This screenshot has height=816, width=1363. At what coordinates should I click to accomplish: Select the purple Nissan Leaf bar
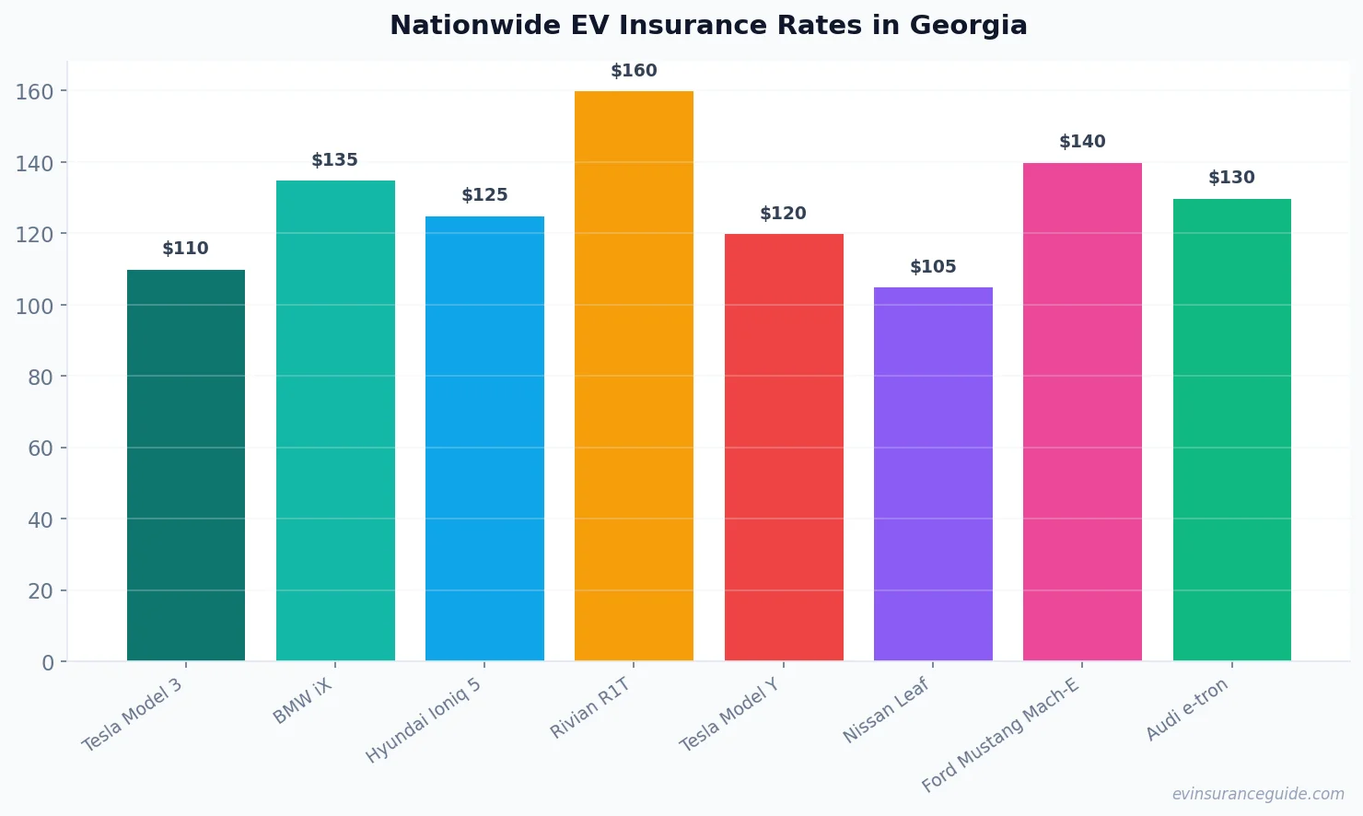click(x=933, y=473)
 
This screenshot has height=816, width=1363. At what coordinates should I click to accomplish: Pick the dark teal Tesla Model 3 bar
click(x=186, y=465)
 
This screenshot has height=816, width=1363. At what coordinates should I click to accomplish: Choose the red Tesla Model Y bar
click(x=784, y=447)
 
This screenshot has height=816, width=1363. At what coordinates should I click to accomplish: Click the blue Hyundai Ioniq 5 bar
click(x=484, y=438)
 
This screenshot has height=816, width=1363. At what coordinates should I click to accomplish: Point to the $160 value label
click(x=634, y=71)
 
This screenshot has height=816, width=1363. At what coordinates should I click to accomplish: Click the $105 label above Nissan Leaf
click(x=933, y=267)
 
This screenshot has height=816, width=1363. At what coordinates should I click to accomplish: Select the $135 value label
click(x=334, y=160)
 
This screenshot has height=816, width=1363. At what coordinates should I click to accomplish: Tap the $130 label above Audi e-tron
click(x=1231, y=178)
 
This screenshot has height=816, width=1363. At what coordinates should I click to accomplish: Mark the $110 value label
click(x=185, y=249)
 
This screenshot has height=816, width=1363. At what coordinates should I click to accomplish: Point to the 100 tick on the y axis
click(x=34, y=306)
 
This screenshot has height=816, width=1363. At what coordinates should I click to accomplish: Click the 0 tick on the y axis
click(x=48, y=663)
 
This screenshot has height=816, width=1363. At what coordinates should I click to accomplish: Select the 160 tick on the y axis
click(x=34, y=91)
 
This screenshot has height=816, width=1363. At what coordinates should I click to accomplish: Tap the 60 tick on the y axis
click(x=41, y=449)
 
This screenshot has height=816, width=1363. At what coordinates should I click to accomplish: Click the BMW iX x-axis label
click(x=303, y=702)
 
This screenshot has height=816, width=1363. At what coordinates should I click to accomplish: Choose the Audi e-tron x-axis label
click(x=1187, y=709)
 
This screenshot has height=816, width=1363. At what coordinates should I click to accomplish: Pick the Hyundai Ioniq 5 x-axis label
click(x=424, y=720)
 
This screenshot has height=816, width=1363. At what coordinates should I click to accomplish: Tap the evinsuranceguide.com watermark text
click(x=1258, y=794)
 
